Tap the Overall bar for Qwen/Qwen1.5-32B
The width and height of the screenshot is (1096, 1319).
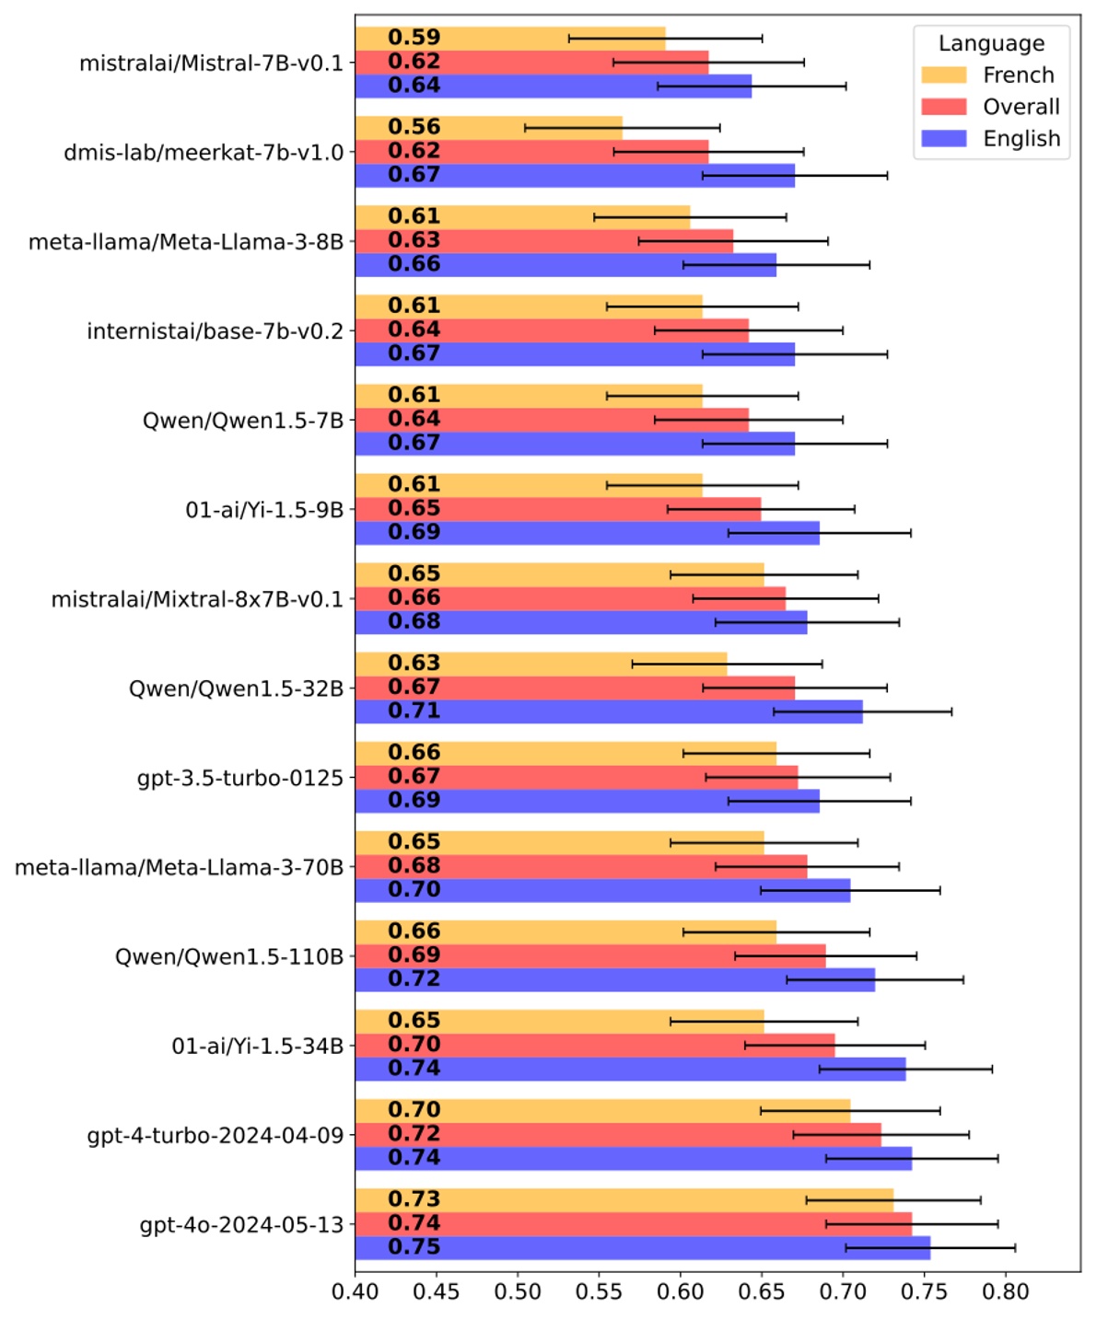coord(575,688)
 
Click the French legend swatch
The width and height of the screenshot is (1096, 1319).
coord(944,75)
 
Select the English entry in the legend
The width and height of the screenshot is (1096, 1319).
coord(1020,139)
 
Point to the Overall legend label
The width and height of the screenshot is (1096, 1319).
coord(1020,107)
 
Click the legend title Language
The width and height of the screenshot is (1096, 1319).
coord(991,43)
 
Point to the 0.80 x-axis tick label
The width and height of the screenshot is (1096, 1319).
coord(1005,1291)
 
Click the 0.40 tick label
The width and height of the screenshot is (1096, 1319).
coord(355,1291)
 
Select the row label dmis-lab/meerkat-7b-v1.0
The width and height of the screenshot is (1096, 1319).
coord(203,152)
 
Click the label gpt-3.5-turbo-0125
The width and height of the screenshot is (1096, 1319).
coord(239,778)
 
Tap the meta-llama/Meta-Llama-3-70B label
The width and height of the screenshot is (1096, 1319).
coord(179,867)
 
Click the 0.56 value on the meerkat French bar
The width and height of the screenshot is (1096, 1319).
coord(414,127)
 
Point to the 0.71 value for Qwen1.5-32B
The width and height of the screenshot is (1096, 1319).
coord(414,711)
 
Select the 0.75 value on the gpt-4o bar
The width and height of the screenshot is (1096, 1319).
coord(414,1247)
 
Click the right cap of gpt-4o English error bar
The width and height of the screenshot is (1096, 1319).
coord(1015,1248)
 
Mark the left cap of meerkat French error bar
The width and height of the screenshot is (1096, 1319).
coord(525,128)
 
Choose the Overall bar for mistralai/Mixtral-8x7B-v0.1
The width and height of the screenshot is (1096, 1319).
coord(570,598)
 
